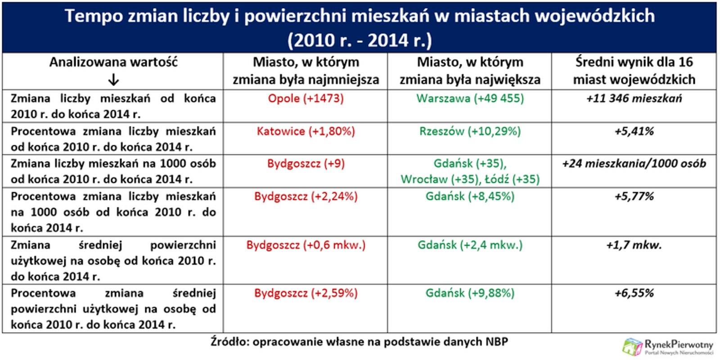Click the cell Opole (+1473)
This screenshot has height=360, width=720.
306,99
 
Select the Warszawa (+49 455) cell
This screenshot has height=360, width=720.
470,99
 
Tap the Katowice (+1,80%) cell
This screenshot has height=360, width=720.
306,131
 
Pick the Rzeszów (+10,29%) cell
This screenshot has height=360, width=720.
470,131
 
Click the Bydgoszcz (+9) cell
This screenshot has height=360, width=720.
306,164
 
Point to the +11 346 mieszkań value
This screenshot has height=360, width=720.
634,99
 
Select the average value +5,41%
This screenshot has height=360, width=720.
634,131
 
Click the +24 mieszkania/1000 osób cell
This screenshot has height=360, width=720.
634,164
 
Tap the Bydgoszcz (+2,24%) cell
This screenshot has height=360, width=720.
306,196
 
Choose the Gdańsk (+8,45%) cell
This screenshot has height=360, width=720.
470,196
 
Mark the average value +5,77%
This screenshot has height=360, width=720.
634,196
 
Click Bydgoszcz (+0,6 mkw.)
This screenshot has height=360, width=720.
306,245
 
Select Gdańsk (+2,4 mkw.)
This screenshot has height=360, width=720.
470,245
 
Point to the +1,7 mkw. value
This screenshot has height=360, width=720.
634,245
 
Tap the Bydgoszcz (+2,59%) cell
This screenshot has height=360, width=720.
306,293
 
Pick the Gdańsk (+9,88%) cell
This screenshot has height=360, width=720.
470,293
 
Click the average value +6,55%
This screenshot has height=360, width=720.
634,293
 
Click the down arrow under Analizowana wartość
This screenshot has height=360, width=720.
113,80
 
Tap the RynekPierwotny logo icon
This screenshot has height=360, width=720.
632,347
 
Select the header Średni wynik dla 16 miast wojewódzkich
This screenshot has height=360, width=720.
634,71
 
